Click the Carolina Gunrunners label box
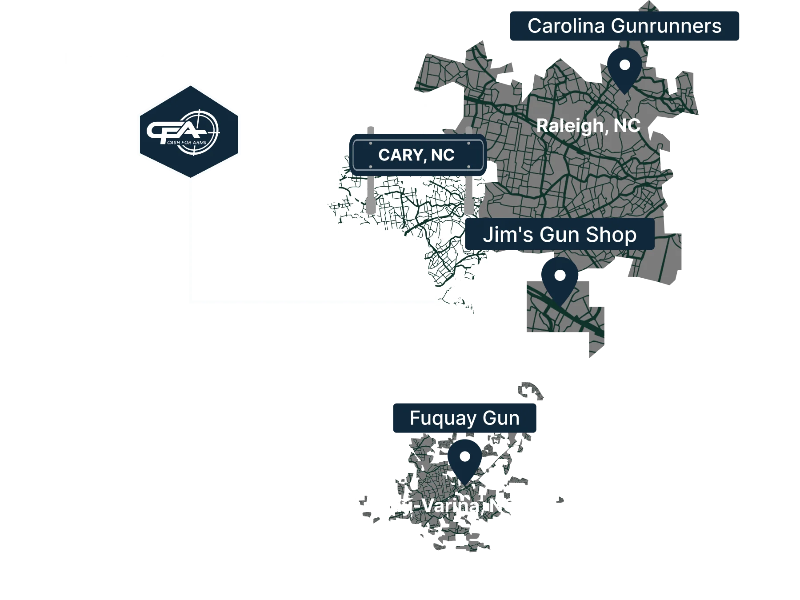coord(624,27)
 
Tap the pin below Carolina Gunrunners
coord(624,69)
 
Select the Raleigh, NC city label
coord(588,126)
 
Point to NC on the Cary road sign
coord(443,155)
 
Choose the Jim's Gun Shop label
coord(560,234)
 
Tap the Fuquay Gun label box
coord(464,418)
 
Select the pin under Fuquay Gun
coord(465,460)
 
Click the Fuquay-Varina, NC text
coord(432,506)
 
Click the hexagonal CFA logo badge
coord(188,131)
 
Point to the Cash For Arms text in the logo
coord(187,143)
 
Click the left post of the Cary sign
coord(371,196)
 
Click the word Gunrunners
coord(666,26)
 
